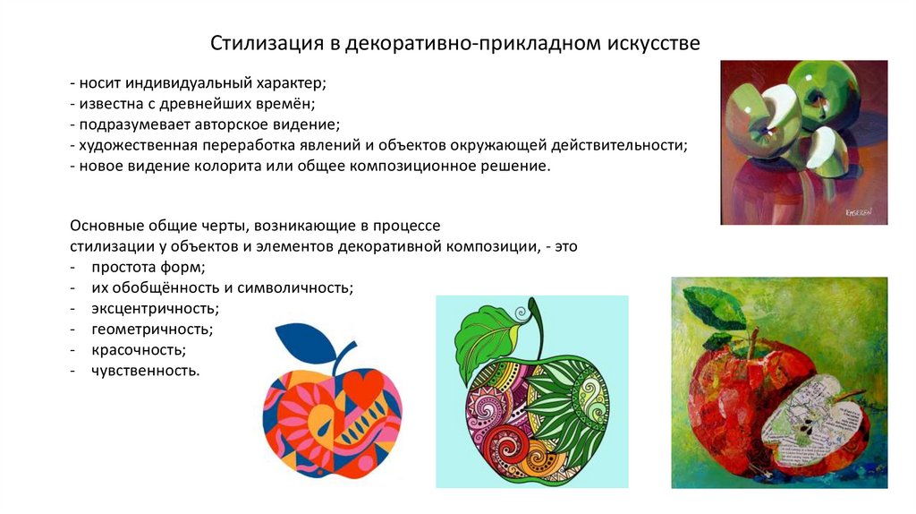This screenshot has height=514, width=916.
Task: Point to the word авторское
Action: (235, 124)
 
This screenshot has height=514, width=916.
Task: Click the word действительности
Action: (608, 145)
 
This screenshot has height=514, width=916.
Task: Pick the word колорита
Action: (238, 167)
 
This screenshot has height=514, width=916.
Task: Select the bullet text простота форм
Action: (148, 268)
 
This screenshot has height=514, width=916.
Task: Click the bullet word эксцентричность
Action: (155, 308)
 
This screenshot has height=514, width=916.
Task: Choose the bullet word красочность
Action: (138, 349)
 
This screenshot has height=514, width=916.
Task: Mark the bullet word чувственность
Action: (145, 370)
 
